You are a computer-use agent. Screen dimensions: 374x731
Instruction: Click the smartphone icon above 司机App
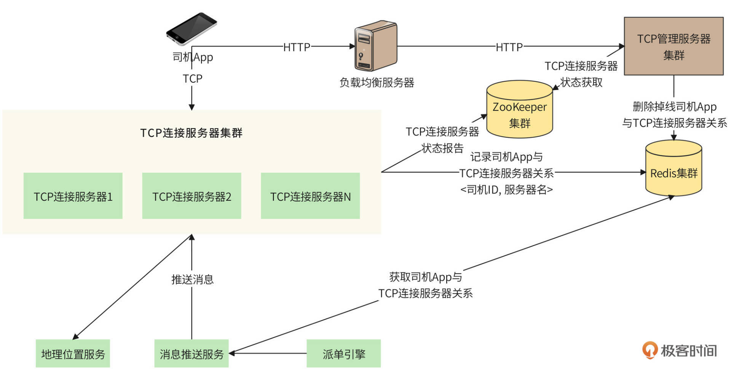191,29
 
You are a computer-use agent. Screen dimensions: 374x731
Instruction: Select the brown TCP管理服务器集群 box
674,46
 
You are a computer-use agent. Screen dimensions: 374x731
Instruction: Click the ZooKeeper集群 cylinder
519,110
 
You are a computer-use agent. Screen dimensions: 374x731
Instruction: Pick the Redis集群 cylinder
674,169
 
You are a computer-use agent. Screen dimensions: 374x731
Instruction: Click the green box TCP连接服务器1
73,196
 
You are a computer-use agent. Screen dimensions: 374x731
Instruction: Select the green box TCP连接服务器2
192,196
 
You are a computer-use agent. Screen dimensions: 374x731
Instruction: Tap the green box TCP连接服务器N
310,196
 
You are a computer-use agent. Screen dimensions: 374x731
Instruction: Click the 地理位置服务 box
73,353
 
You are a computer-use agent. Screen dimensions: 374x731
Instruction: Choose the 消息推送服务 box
192,353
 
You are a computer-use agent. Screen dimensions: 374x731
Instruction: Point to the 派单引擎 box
343,353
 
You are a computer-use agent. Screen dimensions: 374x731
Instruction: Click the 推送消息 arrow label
192,279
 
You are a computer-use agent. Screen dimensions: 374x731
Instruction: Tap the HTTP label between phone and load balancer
297,47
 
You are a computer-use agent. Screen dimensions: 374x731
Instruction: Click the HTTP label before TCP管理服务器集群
509,47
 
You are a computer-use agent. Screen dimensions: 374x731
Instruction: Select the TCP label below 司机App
192,78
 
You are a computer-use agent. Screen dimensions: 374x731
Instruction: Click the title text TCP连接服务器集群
191,133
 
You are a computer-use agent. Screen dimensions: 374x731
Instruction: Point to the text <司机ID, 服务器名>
506,189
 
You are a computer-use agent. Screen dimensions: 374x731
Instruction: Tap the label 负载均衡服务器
377,82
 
